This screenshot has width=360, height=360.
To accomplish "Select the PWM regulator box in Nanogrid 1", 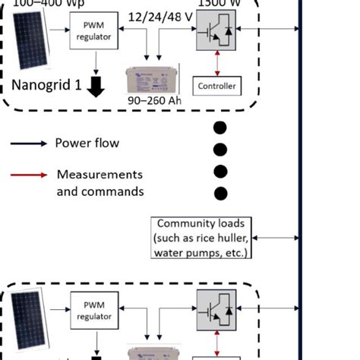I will [x=94, y=32].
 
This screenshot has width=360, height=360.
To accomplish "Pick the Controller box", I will [x=216, y=87].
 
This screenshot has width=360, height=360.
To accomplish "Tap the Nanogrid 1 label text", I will [x=46, y=86].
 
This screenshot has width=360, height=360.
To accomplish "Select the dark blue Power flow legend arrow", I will [x=29, y=143].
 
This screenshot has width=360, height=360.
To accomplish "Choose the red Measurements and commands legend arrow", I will [x=29, y=175].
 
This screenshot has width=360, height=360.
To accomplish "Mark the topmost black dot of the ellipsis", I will [x=221, y=127].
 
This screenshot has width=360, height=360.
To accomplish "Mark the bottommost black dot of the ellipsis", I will [x=221, y=192].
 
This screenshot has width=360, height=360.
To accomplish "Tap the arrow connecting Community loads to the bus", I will [x=277, y=238].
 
